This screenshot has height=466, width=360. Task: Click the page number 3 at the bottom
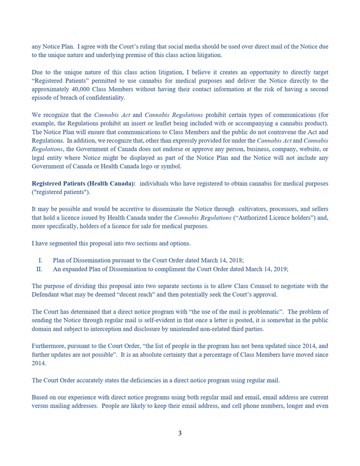pos(180,433)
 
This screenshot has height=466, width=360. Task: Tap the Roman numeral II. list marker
pos(39,269)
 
